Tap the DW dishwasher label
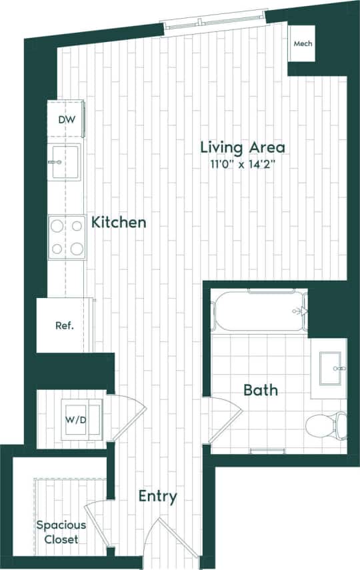(67, 120)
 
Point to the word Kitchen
(119, 222)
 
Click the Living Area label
(243, 147)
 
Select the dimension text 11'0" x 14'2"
(243, 163)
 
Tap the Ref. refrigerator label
(64, 326)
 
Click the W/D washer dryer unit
(83, 420)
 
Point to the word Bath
(260, 390)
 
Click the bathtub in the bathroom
(259, 311)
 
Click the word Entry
(158, 496)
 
